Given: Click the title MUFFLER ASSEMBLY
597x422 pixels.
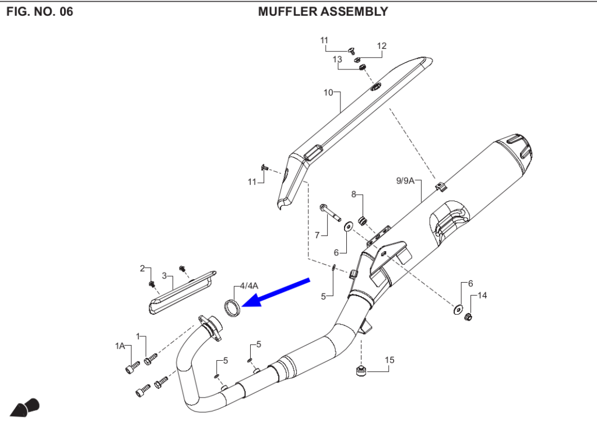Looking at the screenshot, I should point(322,11).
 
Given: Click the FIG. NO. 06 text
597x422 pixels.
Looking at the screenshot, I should point(40,11).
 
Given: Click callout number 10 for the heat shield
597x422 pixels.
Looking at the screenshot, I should point(328,93).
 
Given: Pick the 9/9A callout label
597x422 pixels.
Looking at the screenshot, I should point(405,181).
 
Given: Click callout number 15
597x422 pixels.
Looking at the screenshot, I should point(389,360).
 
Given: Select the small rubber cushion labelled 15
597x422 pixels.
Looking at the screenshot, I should point(361,371).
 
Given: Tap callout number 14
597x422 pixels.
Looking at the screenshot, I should point(482,296).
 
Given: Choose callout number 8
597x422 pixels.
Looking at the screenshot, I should point(353,194).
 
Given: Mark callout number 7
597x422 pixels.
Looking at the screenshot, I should point(317,235).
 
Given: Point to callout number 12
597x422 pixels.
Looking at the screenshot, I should point(382,46).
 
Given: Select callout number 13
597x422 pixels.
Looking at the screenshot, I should point(337,59).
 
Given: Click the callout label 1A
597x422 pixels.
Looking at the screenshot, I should point(120,346).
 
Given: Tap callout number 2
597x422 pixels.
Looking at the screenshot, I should point(142,268).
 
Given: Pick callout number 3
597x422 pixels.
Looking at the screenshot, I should point(164,275).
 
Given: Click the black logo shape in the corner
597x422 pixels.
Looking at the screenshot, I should point(26,406).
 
